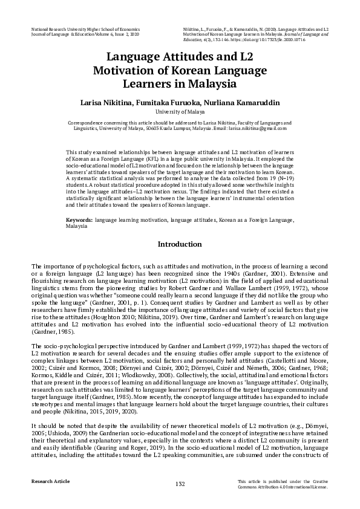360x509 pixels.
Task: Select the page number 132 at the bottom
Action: coord(180,484)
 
